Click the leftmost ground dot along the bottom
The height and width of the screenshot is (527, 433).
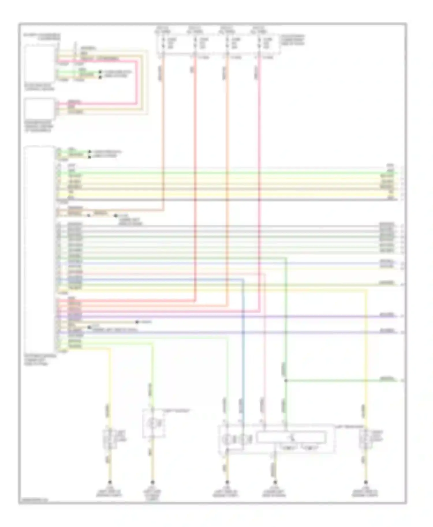[110, 482]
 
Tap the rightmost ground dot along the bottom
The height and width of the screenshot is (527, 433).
[366, 482]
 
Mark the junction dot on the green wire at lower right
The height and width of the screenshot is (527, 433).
[286, 381]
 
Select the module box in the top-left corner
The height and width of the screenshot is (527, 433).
[40, 63]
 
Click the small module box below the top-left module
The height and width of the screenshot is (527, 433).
[40, 108]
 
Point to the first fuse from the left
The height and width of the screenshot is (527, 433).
[163, 43]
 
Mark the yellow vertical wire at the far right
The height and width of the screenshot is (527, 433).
[366, 346]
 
